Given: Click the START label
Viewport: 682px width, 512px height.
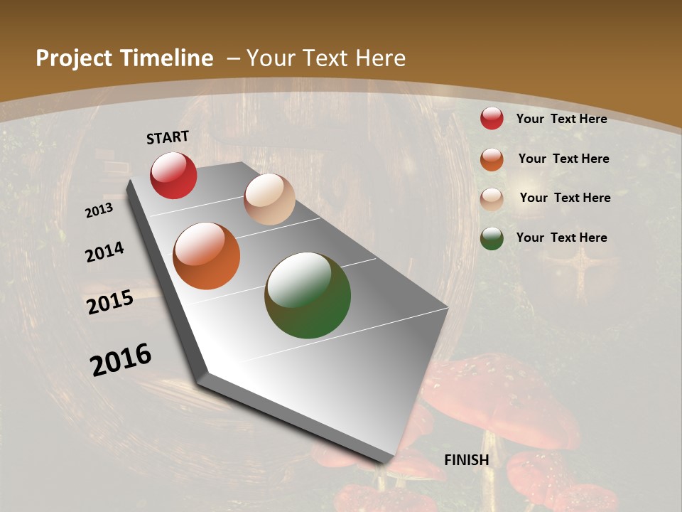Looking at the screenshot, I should pos(168,137).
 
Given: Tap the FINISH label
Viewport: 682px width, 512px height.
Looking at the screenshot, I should pos(466,460).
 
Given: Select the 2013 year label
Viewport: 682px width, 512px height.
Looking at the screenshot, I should pos(99,210).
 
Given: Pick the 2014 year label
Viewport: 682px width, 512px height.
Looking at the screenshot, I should pos(104,252).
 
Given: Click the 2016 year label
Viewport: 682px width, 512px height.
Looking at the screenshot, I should pos(121,360).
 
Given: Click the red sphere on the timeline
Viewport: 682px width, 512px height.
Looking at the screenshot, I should pos(173,176).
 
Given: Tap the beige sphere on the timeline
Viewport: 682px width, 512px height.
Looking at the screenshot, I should pos(269,199).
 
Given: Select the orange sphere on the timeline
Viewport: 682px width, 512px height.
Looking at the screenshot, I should pos(206,256).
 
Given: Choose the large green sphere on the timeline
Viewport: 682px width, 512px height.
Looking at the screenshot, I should pos(308,295).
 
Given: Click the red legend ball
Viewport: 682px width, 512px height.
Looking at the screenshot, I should pos(492,118).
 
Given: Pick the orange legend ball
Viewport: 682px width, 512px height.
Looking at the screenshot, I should pos(492,159).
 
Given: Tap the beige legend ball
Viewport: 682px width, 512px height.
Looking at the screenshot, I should pos(492,198).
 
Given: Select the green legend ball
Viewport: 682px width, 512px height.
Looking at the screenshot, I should pos(492,238).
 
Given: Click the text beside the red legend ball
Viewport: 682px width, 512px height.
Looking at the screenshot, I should pos(561,119).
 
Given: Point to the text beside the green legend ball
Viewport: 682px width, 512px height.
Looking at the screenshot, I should pos(561,238).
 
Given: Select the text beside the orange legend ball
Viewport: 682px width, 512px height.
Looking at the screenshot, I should pos(563,159).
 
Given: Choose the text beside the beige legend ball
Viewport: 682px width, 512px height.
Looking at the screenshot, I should pos(565,198).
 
